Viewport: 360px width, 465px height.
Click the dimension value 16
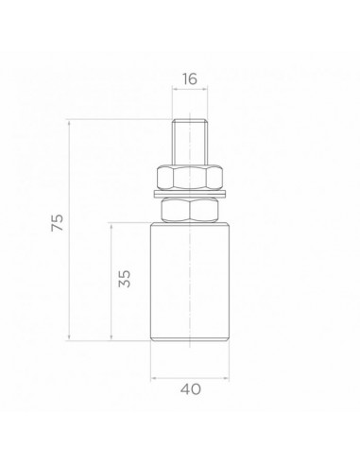[x=190, y=78]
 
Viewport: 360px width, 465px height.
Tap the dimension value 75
[x=58, y=222]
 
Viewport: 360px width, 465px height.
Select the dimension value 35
[x=125, y=279]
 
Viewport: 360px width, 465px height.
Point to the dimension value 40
[x=190, y=389]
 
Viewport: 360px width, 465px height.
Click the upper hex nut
[x=190, y=178]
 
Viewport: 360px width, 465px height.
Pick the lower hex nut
[x=190, y=210]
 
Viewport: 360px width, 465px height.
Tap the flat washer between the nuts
[x=190, y=194]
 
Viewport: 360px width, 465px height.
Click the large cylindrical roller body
[x=190, y=282]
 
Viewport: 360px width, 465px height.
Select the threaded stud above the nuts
[x=190, y=142]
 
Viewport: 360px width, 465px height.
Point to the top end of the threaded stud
[x=190, y=119]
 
